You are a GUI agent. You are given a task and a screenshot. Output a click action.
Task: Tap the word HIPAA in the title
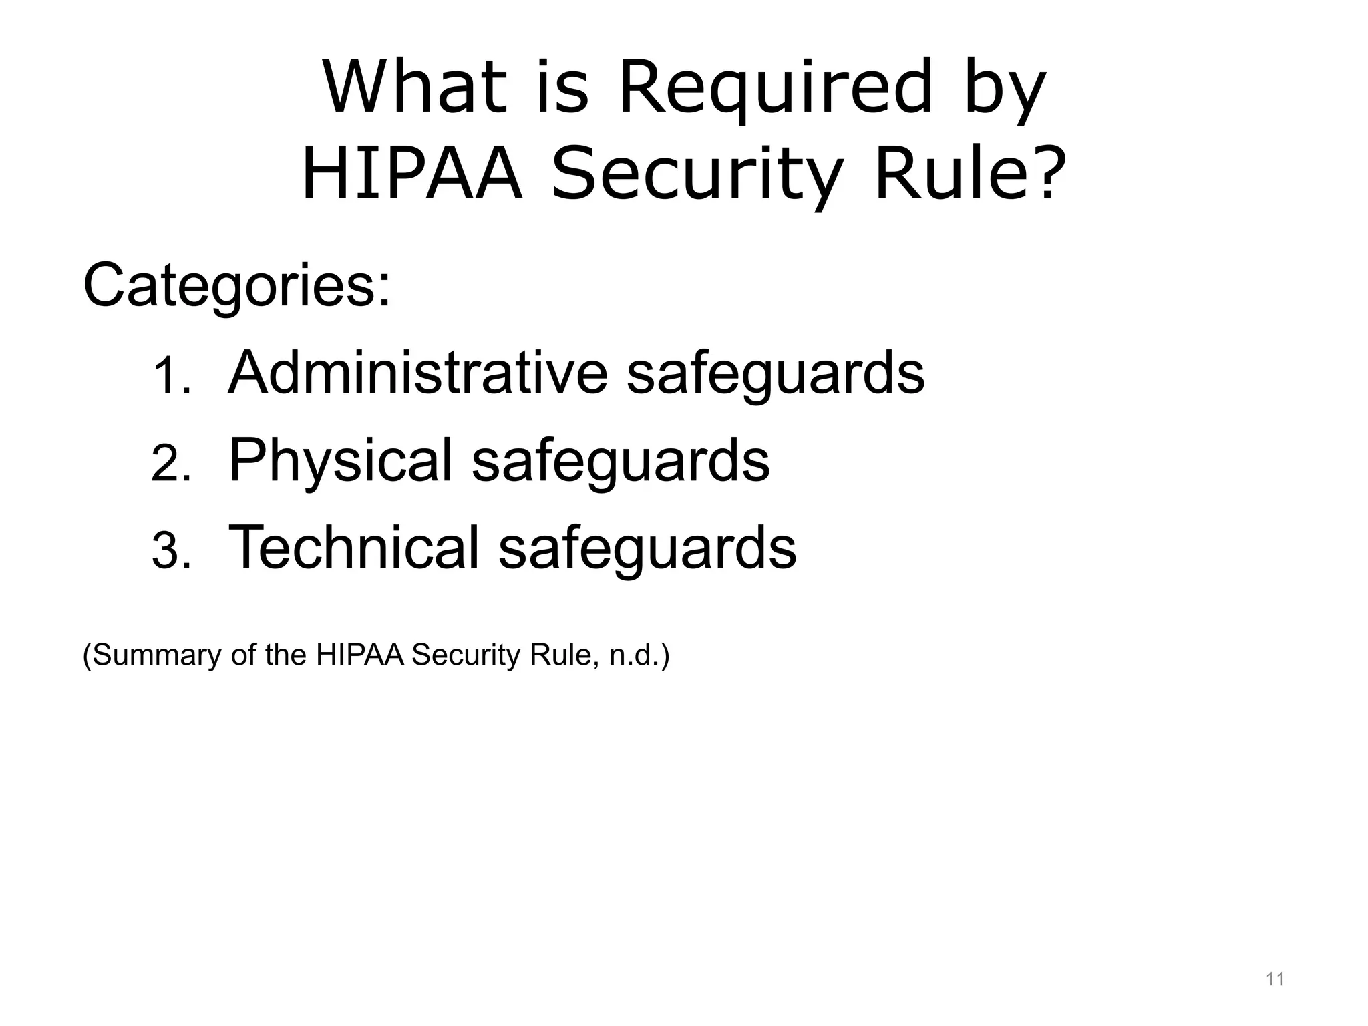tap(411, 175)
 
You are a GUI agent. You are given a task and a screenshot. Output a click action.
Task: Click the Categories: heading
tap(237, 286)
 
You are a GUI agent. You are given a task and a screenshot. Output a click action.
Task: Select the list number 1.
tap(171, 377)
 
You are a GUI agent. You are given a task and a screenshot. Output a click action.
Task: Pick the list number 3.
tap(171, 552)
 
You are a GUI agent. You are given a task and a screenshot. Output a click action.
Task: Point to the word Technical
tap(354, 548)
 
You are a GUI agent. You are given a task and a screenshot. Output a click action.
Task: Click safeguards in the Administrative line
tap(776, 374)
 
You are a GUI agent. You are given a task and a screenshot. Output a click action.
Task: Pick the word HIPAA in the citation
tap(360, 655)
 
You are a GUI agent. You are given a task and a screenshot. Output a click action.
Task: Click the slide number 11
tap(1275, 979)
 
